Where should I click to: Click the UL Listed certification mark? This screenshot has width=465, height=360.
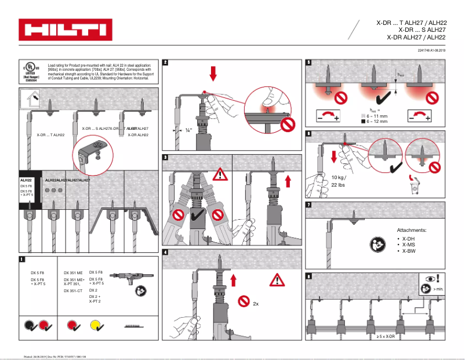point(32,71)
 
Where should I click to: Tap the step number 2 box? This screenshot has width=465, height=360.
point(166,63)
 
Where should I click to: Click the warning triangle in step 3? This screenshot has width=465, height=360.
point(220,173)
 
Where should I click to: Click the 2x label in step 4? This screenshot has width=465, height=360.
point(256,303)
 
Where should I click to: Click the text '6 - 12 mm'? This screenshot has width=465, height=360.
point(377,122)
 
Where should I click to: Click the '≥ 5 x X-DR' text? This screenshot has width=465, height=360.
point(385,337)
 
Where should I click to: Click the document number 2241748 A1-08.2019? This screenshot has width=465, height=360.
point(431,51)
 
